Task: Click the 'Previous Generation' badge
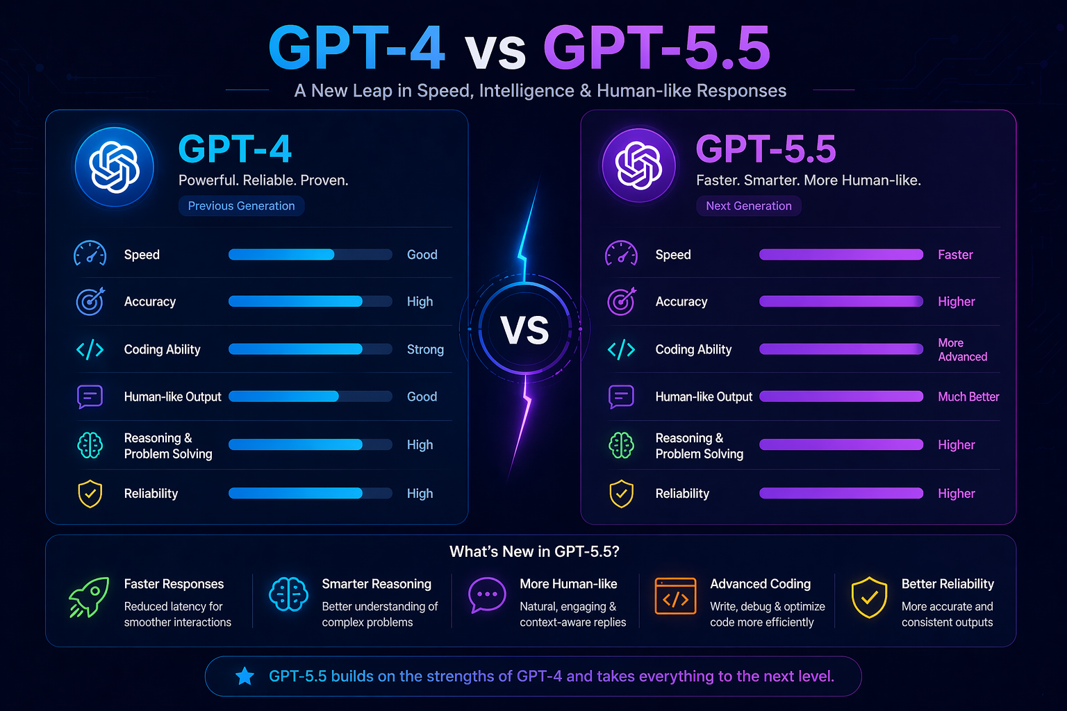(241, 206)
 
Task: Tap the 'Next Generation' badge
(748, 206)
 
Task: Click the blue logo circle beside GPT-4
(115, 167)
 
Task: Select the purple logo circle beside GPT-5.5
(638, 165)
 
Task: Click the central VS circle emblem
(524, 329)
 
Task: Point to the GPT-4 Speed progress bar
(310, 255)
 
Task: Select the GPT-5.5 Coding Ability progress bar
(841, 349)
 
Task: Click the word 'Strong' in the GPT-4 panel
(425, 350)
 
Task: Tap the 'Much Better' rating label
(968, 397)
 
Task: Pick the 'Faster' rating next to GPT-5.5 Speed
(955, 255)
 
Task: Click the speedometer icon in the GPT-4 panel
(90, 254)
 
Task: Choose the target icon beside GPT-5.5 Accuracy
(622, 301)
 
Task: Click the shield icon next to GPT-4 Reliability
(90, 494)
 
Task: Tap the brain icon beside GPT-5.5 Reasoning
(622, 445)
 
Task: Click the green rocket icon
(89, 597)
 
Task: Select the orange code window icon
(675, 596)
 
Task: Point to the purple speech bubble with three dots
(487, 595)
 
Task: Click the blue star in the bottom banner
(245, 676)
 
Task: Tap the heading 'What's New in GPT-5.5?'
(534, 552)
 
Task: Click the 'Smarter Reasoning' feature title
(377, 585)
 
